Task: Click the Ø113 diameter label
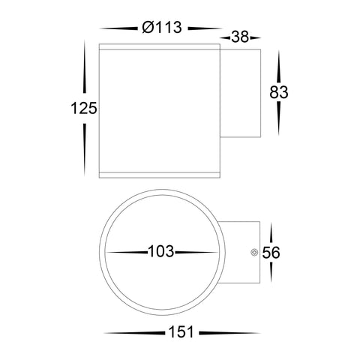click(162, 27)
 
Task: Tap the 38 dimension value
click(240, 37)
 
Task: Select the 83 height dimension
click(279, 92)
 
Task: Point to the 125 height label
click(84, 108)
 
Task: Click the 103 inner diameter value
click(161, 251)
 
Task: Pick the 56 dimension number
click(271, 253)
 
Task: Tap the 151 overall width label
click(181, 332)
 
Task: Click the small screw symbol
click(254, 253)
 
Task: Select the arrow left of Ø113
click(118, 28)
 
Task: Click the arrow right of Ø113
click(205, 28)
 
